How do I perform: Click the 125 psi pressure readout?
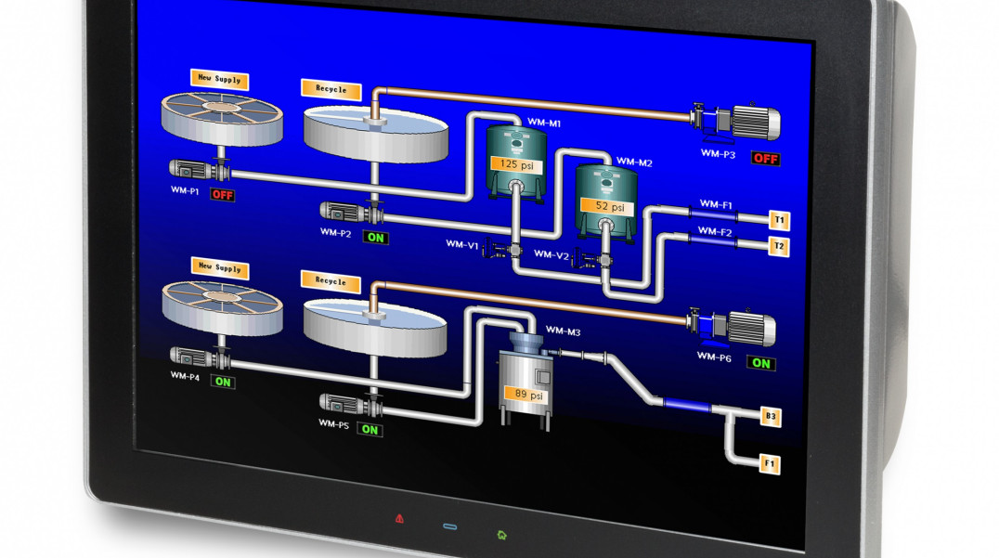(515, 164)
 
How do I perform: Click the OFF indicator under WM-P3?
(765, 159)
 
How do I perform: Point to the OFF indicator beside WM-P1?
(222, 195)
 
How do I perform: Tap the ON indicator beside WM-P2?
(376, 237)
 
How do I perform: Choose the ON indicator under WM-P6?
(761, 363)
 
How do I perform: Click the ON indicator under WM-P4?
(223, 381)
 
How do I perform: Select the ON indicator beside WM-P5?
(370, 429)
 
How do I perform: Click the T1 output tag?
(779, 220)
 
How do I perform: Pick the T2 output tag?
(779, 246)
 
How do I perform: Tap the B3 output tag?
(770, 418)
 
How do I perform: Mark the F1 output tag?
(770, 462)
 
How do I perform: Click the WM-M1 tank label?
(543, 123)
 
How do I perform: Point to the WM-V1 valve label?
(461, 245)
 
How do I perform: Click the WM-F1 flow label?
(715, 204)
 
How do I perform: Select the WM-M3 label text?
(563, 331)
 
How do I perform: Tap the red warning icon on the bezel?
(399, 517)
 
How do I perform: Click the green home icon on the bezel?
(501, 534)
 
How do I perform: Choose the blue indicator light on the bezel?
(450, 526)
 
